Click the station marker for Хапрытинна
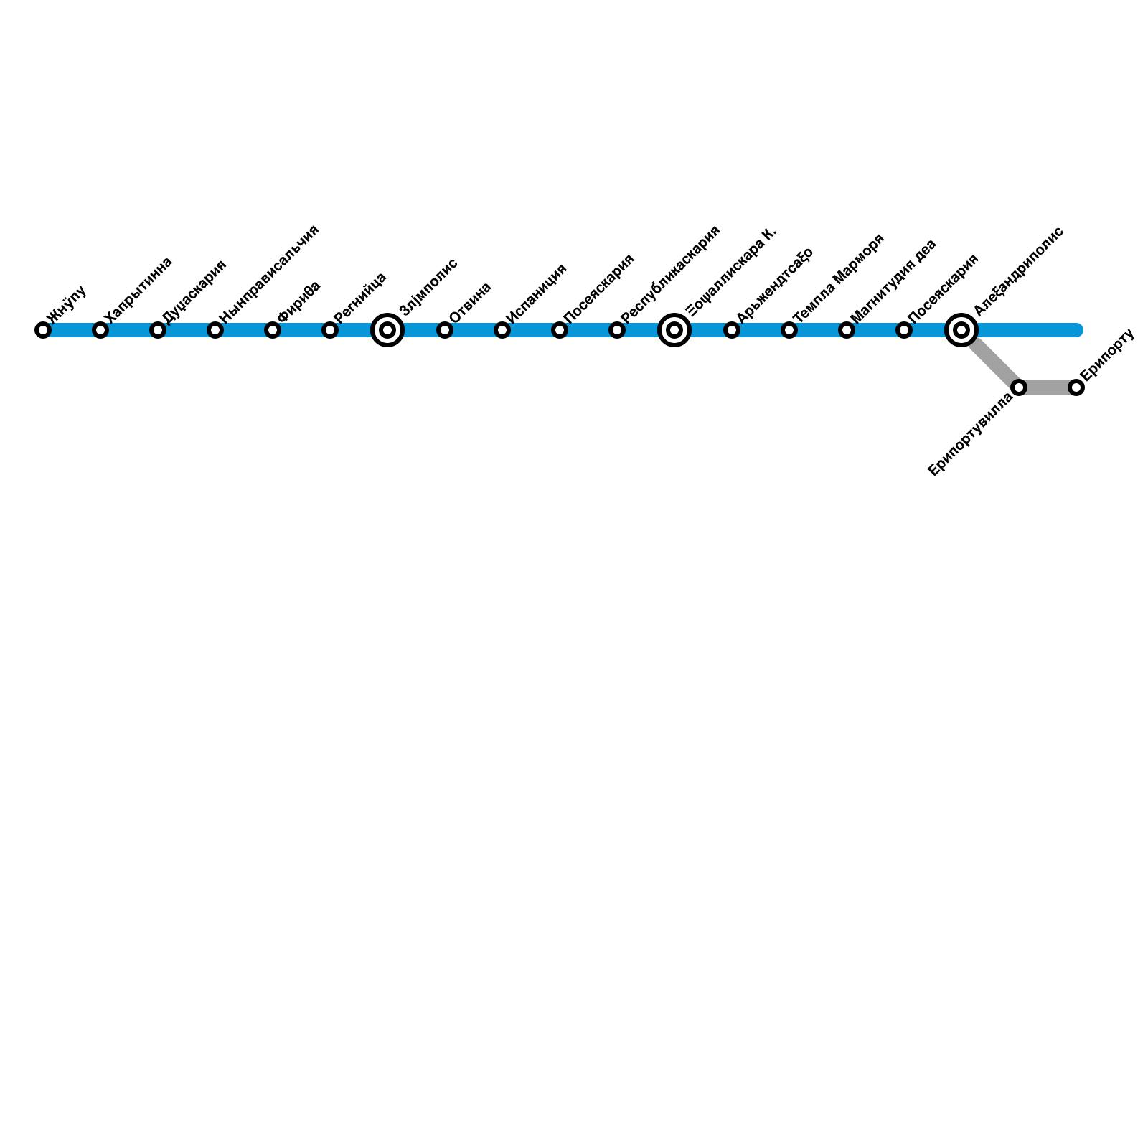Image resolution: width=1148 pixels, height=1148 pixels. [x=100, y=330]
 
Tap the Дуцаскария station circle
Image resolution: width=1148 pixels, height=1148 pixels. [x=158, y=330]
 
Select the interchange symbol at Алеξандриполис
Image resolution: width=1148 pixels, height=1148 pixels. [x=961, y=330]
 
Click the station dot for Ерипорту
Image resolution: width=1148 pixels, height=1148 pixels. [x=1076, y=387]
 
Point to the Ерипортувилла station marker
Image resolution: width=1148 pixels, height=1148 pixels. [x=1019, y=387]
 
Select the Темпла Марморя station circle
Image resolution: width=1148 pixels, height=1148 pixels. [x=789, y=330]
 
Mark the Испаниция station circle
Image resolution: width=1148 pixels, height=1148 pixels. [x=502, y=330]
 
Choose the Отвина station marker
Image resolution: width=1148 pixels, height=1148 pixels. [x=445, y=330]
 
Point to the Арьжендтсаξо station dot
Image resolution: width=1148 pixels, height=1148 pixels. [x=732, y=330]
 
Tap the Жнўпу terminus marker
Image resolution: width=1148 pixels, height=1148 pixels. [x=43, y=330]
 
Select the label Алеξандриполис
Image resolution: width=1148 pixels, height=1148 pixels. [x=1018, y=271]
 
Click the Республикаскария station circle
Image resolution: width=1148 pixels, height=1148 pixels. [x=617, y=330]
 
